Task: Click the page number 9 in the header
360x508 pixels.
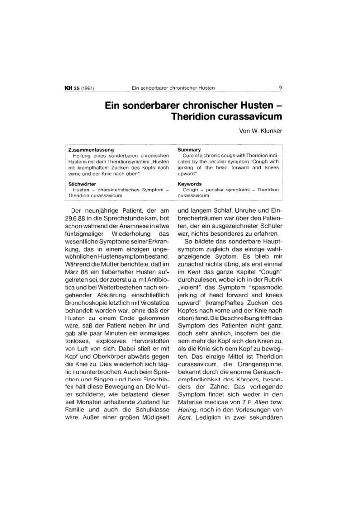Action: pos(281,88)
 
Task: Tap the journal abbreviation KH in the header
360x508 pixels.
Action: pos(68,89)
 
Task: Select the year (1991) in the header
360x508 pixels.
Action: pos(87,89)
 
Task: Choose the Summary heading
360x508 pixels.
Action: pos(189,150)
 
